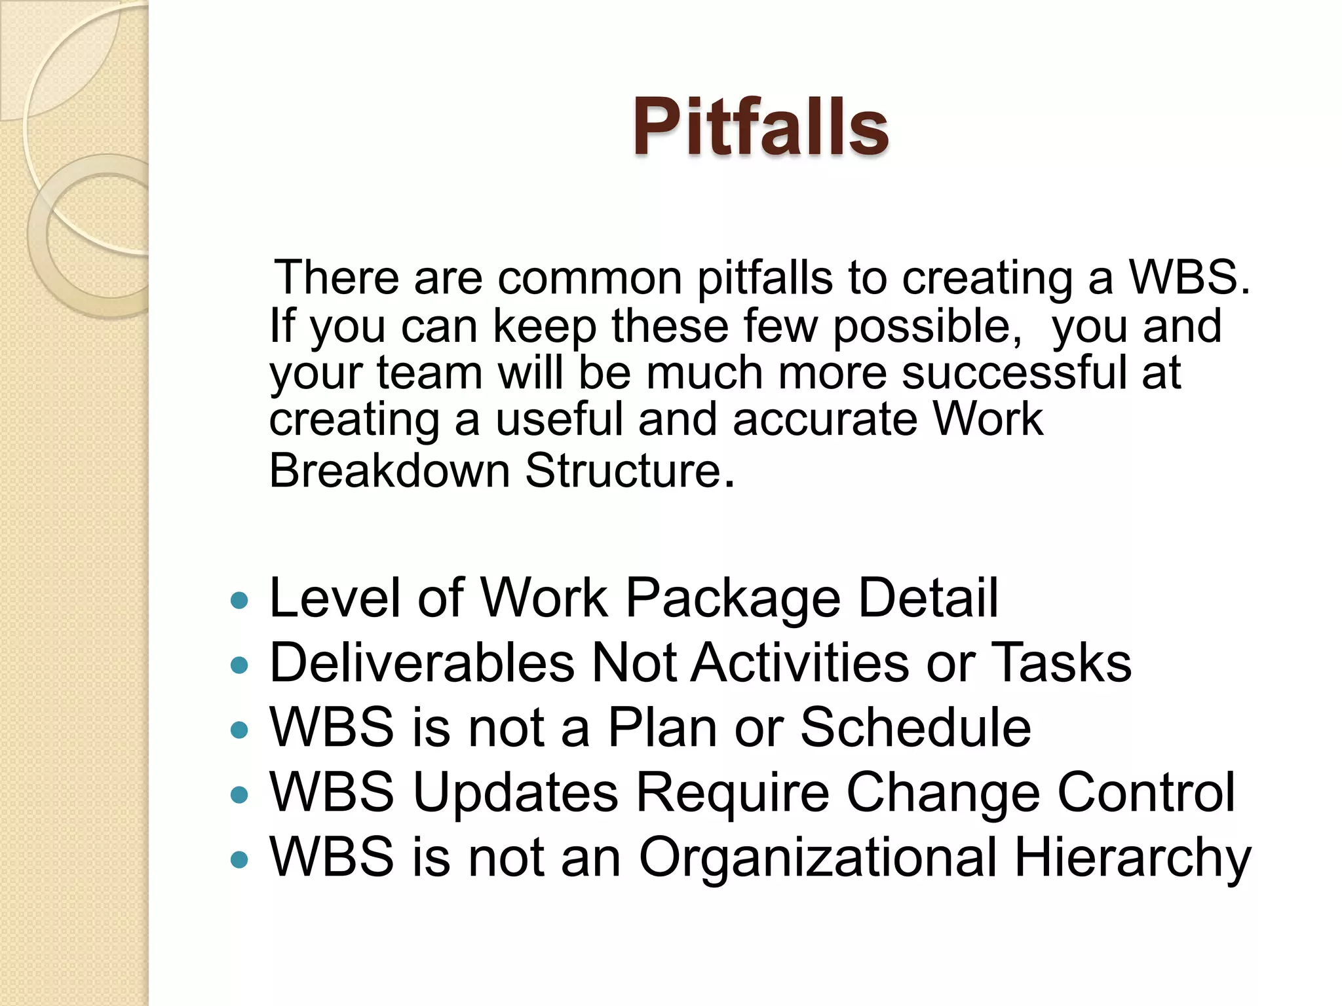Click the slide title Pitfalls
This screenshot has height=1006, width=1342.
(760, 126)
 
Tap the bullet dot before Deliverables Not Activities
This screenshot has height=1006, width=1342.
(240, 665)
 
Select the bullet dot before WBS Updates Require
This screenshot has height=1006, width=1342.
(240, 795)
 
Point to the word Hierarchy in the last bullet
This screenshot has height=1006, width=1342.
(1132, 858)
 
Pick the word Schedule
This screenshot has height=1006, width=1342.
(915, 728)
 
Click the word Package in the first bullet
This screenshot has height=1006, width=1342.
(733, 598)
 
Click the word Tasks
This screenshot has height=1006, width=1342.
(1061, 663)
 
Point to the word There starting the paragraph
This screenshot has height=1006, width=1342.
(336, 278)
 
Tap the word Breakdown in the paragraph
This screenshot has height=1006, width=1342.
(389, 471)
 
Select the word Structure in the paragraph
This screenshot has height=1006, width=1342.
(623, 471)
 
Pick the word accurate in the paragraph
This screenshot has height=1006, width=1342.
(824, 420)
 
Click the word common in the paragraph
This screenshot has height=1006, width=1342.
(590, 278)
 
